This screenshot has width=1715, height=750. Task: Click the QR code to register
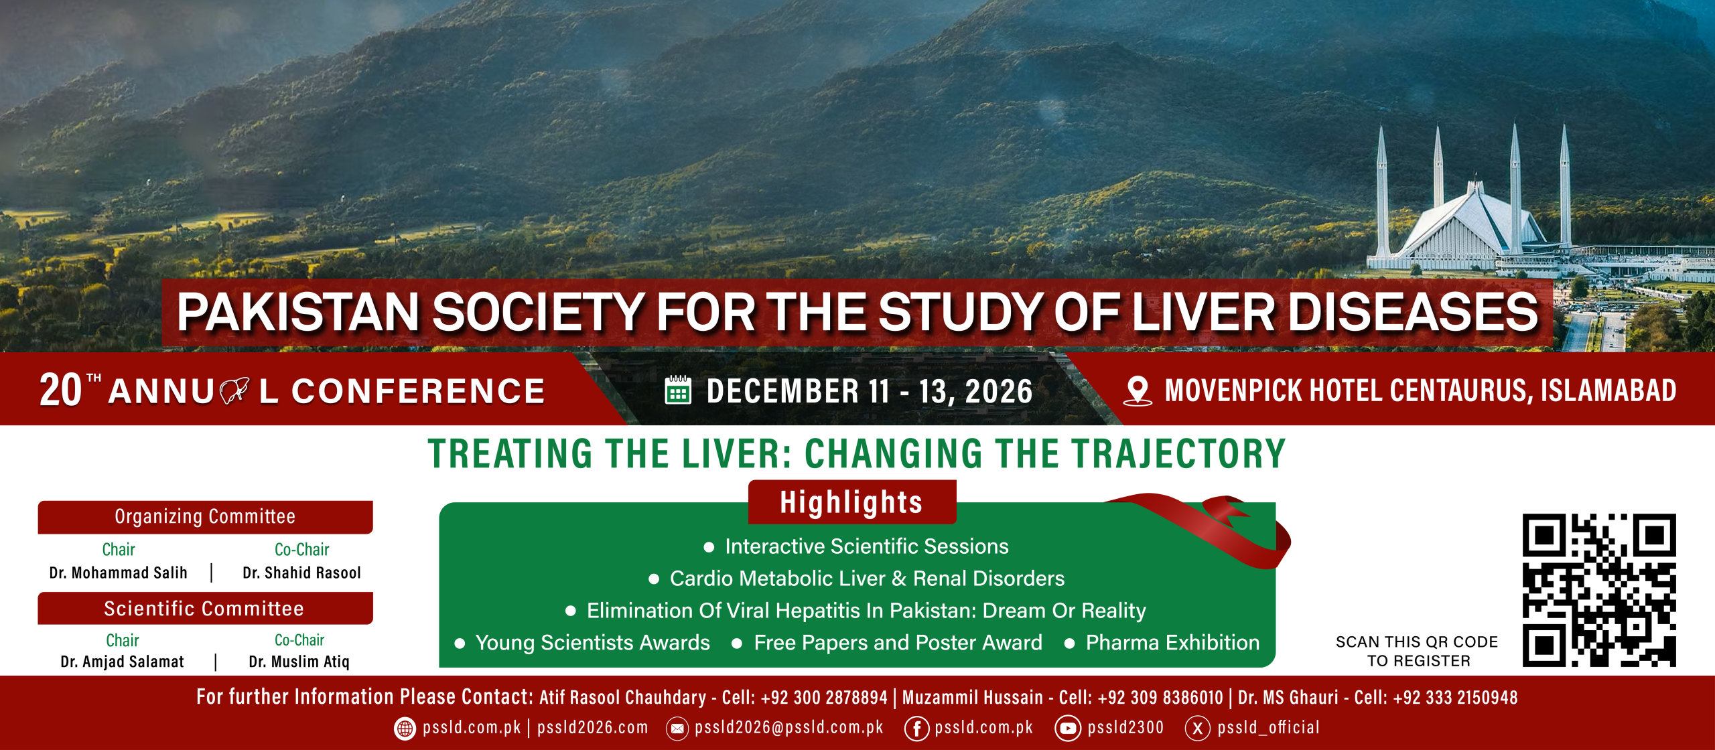[x=1599, y=590]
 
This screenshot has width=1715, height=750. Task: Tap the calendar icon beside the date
[x=677, y=390]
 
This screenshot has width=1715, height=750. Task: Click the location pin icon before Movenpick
[x=1138, y=391]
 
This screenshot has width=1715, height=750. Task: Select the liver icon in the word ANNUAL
[x=234, y=391]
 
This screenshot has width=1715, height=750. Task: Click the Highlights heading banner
[x=851, y=502]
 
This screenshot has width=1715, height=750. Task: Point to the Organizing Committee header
[x=205, y=517]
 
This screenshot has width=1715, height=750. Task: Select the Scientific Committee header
[x=205, y=608]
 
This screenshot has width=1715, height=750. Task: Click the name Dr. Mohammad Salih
[x=119, y=573]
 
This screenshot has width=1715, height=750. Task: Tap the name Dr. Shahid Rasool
[x=301, y=573]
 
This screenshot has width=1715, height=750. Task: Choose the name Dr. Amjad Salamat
[x=122, y=662]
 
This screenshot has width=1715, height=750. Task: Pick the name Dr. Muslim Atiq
[x=299, y=662]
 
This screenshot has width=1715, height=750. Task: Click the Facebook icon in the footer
[x=916, y=729]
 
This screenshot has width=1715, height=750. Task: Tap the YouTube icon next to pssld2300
[x=1067, y=729]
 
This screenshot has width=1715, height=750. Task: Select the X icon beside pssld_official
[x=1197, y=729]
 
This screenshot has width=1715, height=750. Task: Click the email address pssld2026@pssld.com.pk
[x=788, y=728]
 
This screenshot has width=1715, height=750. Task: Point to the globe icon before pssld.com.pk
[x=405, y=729]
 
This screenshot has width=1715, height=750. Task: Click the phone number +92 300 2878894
[x=824, y=698]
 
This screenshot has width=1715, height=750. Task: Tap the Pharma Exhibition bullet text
[x=1172, y=643]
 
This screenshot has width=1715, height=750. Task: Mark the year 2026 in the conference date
[x=999, y=391]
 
